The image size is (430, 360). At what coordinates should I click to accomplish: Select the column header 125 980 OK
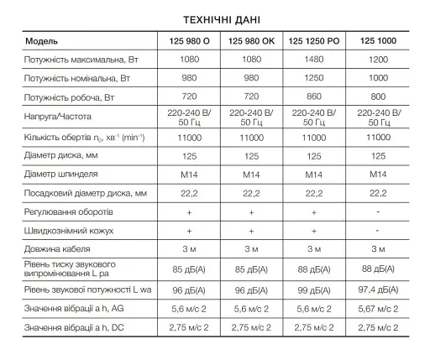click(x=251, y=40)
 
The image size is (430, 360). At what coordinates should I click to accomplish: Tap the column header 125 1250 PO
click(x=313, y=40)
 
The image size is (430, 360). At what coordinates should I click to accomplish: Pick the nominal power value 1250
click(x=313, y=78)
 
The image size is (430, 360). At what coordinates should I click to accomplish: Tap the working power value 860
click(x=313, y=97)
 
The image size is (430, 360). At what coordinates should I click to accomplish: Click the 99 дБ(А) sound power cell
click(x=313, y=290)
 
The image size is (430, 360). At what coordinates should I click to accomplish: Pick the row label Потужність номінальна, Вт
click(x=77, y=78)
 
